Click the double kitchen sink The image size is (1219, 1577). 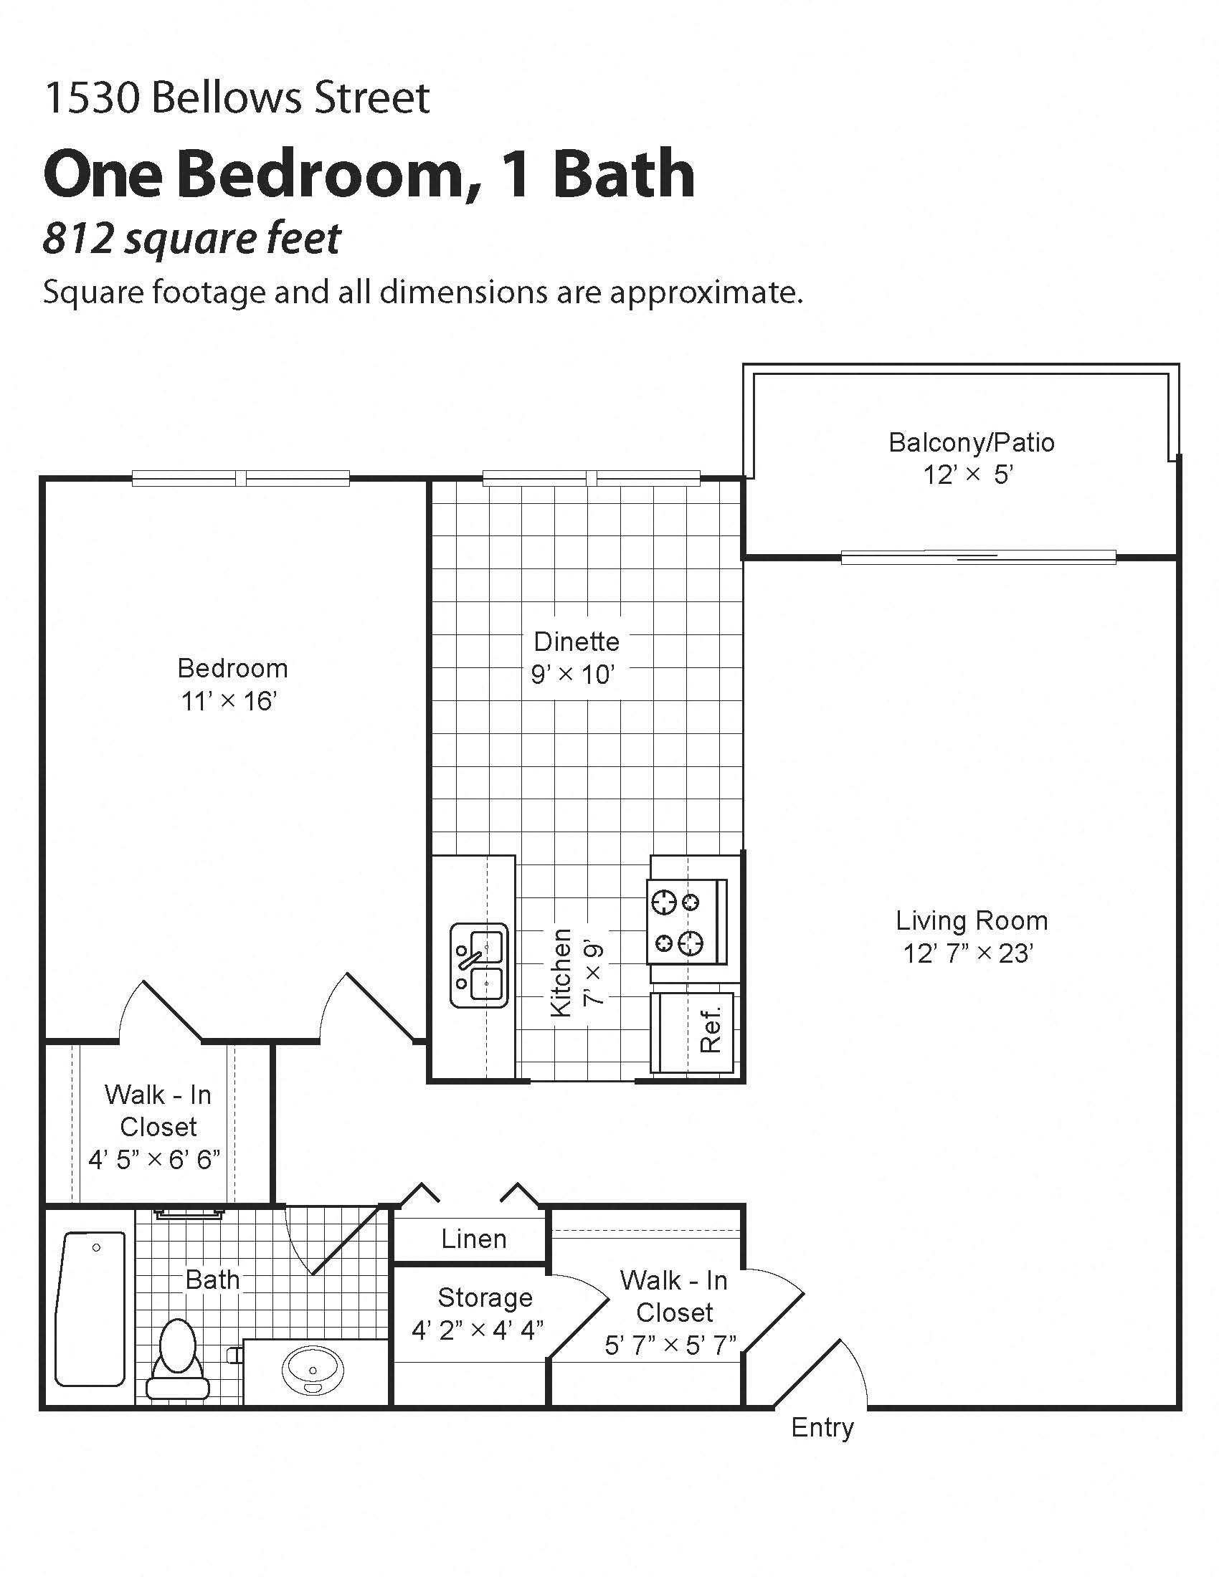[479, 965]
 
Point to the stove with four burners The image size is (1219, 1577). [686, 922]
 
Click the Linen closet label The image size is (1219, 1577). [473, 1239]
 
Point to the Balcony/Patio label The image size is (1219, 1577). [972, 442]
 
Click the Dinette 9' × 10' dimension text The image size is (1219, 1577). [572, 675]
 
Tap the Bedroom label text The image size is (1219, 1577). [232, 668]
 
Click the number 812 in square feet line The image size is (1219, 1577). [78, 238]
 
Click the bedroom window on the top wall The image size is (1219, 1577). [240, 477]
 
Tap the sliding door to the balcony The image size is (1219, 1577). [978, 557]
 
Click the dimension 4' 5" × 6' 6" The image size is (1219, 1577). [154, 1160]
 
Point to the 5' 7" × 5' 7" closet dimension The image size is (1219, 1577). [670, 1345]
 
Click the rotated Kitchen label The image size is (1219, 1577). [561, 973]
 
